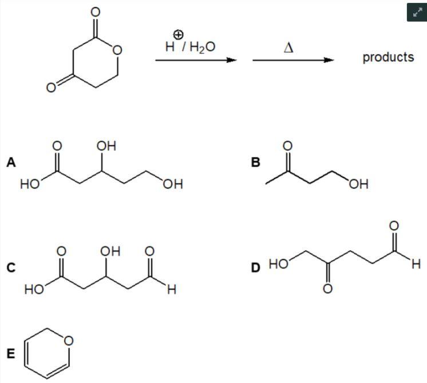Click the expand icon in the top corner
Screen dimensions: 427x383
click(x=417, y=12)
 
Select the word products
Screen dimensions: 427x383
click(x=388, y=57)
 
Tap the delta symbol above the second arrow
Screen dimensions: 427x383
click(x=288, y=48)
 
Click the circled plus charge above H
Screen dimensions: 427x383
click(x=178, y=34)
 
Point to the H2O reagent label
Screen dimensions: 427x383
click(x=202, y=47)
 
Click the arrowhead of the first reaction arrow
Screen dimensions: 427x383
click(x=231, y=60)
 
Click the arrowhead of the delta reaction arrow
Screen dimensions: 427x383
click(x=329, y=60)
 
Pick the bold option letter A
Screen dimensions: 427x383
click(x=11, y=162)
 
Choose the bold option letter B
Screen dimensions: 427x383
click(x=256, y=162)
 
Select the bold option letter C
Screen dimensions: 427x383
click(x=11, y=268)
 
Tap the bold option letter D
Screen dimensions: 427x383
click(x=256, y=268)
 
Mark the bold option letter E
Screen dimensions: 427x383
click(x=11, y=354)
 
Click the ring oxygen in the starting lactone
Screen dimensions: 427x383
click(x=117, y=50)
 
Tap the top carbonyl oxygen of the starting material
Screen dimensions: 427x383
click(x=96, y=12)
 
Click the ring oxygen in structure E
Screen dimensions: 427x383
click(x=68, y=341)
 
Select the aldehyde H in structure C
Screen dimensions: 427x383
click(x=172, y=289)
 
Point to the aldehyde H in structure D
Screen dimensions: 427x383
click(x=416, y=264)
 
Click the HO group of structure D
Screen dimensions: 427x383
click(x=279, y=264)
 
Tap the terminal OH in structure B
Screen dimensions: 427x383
click(x=359, y=184)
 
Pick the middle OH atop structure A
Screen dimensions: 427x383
click(x=106, y=146)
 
